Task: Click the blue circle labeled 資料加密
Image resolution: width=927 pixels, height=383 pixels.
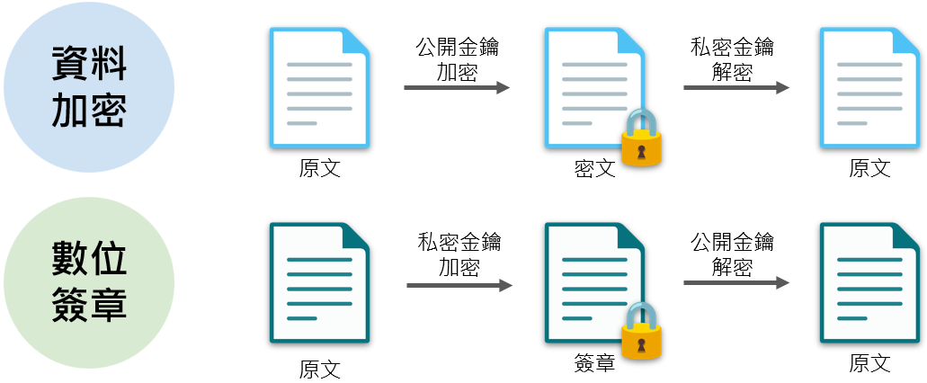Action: click(x=89, y=87)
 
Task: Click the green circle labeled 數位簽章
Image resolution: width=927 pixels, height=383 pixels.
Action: click(x=89, y=282)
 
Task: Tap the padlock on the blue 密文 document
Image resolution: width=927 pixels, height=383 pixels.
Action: click(x=641, y=139)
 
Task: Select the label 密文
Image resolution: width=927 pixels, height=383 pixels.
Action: click(x=594, y=168)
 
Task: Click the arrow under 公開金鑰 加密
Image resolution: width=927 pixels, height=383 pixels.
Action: click(x=457, y=88)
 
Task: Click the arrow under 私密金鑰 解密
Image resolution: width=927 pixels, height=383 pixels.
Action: click(x=736, y=88)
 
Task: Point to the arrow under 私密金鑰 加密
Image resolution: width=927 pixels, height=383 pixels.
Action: click(x=459, y=286)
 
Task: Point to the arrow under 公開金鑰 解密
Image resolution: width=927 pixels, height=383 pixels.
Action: click(x=736, y=283)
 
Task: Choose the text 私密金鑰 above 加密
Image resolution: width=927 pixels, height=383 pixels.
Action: click(x=459, y=243)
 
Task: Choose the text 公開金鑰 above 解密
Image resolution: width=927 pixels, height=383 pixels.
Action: click(x=732, y=243)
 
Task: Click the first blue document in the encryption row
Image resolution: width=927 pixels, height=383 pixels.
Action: click(x=319, y=87)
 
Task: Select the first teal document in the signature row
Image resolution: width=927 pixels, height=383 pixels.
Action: click(x=319, y=282)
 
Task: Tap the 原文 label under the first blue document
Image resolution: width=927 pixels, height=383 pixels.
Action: click(x=320, y=168)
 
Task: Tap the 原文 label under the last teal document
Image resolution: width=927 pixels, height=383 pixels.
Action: click(x=869, y=363)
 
